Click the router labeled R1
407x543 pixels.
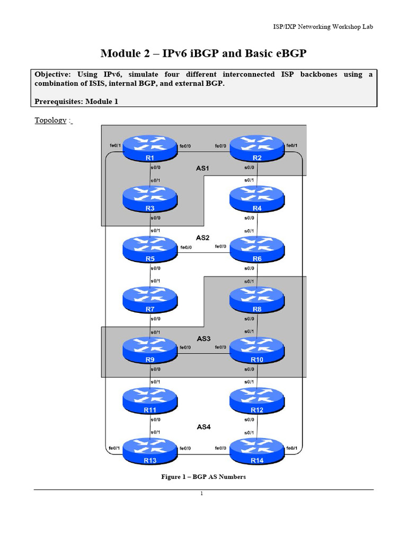click(x=150, y=149)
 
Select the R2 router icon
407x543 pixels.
click(x=257, y=149)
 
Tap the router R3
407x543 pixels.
click(x=150, y=200)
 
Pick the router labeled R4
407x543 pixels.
click(x=257, y=200)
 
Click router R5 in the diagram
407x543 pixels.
click(x=150, y=250)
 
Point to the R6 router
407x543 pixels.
click(x=257, y=250)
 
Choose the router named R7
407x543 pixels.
click(x=150, y=300)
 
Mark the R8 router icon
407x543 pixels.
click(x=257, y=300)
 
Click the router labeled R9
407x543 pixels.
click(x=150, y=351)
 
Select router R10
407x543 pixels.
click(x=257, y=351)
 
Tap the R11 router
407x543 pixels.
click(x=150, y=401)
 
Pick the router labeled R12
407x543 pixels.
click(x=257, y=401)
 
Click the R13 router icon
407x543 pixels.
click(x=150, y=451)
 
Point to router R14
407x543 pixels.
click(x=257, y=451)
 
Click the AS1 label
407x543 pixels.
click(x=202, y=168)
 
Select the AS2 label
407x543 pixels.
click(x=202, y=238)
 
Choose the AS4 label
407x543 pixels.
click(x=204, y=426)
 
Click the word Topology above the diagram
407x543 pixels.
click(x=50, y=120)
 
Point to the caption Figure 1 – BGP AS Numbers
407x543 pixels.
click(x=203, y=477)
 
